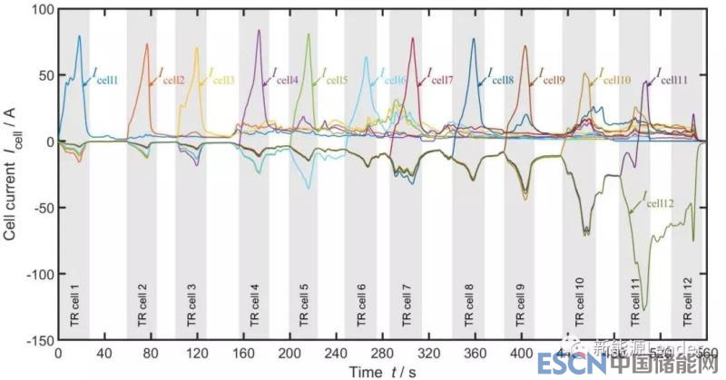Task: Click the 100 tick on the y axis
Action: pos(40,10)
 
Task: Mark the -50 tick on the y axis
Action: pos(40,208)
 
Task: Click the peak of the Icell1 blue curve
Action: pos(80,36)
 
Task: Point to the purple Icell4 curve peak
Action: pos(260,31)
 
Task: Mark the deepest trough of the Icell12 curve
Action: pos(644,310)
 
